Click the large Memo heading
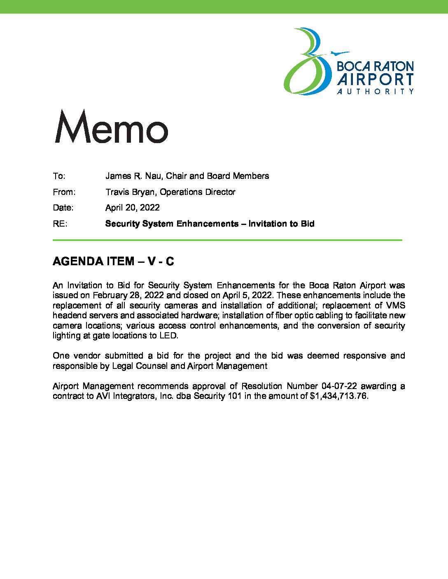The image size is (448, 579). click(x=111, y=127)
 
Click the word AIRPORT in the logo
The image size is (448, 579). click(x=375, y=79)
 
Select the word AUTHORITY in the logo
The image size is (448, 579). click(x=375, y=91)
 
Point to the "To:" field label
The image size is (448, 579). click(x=59, y=176)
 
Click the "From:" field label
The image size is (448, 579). click(x=64, y=192)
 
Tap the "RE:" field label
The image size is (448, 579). click(x=60, y=224)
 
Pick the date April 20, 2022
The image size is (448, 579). click(x=132, y=208)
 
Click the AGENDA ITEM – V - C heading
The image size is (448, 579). click(x=113, y=262)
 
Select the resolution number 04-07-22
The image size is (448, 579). click(x=339, y=386)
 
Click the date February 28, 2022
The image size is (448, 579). click(x=128, y=295)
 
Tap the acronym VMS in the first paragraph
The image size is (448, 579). click(x=395, y=306)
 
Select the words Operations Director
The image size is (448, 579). click(x=198, y=192)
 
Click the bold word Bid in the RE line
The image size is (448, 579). click(x=307, y=224)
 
